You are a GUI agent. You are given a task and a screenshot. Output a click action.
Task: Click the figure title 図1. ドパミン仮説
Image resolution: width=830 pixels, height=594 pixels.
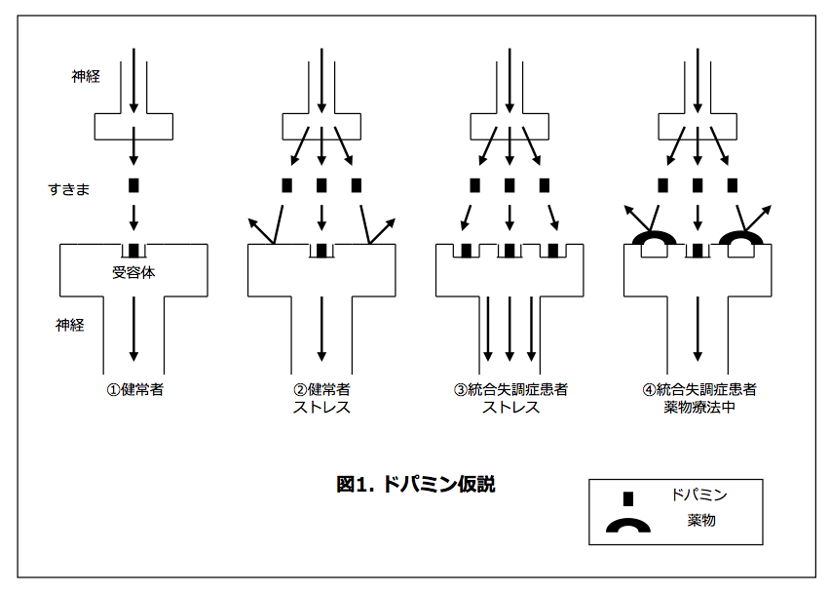[416, 484]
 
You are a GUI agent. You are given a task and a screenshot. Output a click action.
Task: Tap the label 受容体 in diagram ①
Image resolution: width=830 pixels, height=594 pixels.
[133, 273]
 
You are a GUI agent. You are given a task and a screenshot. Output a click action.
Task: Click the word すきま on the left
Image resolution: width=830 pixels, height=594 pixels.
[69, 188]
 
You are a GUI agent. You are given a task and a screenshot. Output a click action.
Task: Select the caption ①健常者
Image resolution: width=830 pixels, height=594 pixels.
[134, 390]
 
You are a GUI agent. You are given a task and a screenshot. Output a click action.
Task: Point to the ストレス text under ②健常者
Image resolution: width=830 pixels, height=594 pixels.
[321, 408]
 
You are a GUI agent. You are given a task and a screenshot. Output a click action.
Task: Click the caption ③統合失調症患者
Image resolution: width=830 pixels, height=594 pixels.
[510, 390]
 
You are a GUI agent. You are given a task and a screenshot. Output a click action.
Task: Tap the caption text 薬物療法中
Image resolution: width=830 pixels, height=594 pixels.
[698, 408]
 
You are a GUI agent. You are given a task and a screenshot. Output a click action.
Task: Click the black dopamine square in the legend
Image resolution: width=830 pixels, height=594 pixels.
[628, 497]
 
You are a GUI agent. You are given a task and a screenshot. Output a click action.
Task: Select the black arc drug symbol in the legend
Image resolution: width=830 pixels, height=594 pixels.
[628, 527]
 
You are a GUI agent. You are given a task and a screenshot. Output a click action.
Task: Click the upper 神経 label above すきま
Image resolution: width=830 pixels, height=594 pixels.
[85, 75]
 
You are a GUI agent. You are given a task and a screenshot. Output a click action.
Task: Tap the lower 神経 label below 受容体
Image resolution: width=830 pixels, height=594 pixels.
[69, 325]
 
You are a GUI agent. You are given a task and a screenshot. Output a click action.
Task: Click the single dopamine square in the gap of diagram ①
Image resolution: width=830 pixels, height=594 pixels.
[134, 184]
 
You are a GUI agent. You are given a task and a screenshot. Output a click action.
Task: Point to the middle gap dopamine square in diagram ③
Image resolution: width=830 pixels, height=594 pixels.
[509, 184]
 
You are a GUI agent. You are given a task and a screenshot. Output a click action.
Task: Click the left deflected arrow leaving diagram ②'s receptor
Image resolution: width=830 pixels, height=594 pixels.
[264, 232]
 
